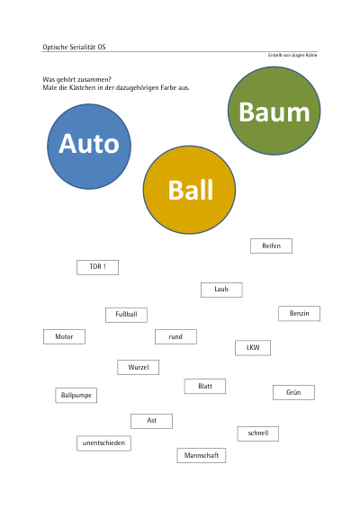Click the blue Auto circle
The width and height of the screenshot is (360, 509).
(89, 147)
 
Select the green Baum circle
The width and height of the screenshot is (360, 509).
(274, 111)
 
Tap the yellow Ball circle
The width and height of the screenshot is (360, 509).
(189, 190)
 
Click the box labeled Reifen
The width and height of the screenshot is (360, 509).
(271, 246)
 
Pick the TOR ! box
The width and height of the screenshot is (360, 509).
(97, 267)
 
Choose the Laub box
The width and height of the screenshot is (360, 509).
(221, 290)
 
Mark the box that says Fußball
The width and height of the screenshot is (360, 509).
(126, 315)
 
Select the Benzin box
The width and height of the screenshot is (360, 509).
(299, 314)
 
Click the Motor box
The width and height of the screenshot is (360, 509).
(64, 337)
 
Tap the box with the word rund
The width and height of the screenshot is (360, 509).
(175, 337)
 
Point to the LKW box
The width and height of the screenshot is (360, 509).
(253, 348)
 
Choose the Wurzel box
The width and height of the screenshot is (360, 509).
(139, 368)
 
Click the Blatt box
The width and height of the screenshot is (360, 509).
(205, 387)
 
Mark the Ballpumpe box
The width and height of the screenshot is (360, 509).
(76, 396)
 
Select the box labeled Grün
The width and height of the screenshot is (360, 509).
(293, 392)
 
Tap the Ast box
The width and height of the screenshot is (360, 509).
(152, 421)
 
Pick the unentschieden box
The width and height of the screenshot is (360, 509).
(104, 443)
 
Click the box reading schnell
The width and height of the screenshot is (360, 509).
(258, 433)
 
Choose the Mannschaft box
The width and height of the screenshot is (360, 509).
(202, 455)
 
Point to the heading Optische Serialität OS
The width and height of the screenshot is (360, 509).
(74, 47)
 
